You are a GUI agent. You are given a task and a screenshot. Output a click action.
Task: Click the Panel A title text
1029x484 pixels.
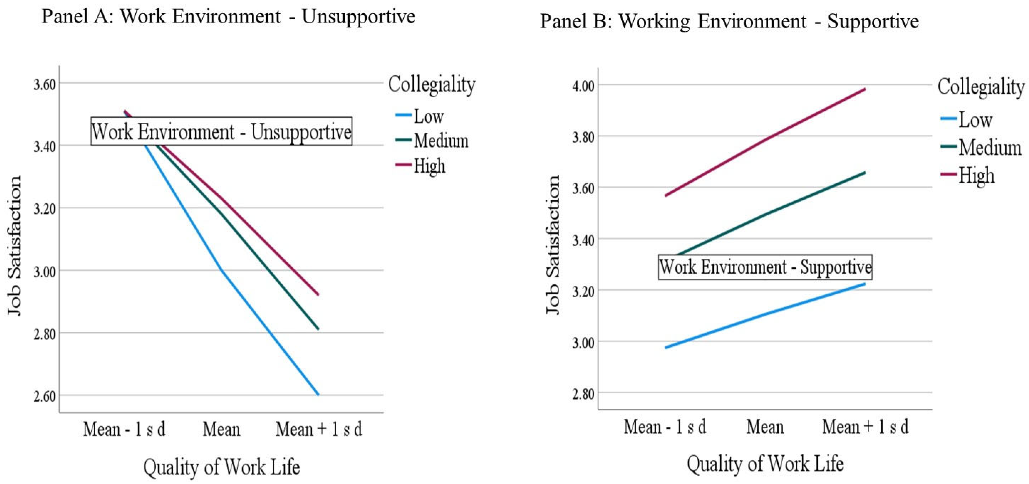click(228, 17)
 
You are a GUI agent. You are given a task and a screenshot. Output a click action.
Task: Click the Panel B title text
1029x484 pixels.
click(729, 21)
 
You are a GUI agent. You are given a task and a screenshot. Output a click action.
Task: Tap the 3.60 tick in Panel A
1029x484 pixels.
click(44, 84)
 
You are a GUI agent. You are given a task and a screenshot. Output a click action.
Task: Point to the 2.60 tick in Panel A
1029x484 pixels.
click(44, 396)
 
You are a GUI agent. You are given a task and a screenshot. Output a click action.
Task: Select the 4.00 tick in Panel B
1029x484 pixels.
click(583, 86)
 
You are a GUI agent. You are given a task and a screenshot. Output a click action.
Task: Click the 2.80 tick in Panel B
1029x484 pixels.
click(583, 394)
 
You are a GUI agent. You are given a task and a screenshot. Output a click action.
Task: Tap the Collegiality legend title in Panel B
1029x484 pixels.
click(981, 87)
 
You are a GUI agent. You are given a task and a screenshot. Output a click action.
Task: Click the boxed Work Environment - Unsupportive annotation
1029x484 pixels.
click(221, 131)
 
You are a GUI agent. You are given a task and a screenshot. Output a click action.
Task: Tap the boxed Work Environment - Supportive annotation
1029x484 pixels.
click(765, 267)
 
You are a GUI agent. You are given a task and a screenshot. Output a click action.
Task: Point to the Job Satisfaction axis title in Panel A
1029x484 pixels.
click(14, 245)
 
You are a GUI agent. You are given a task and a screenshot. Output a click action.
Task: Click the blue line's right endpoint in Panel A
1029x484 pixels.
click(318, 395)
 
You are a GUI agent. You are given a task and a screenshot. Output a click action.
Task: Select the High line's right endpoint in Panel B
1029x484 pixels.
click(865, 89)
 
